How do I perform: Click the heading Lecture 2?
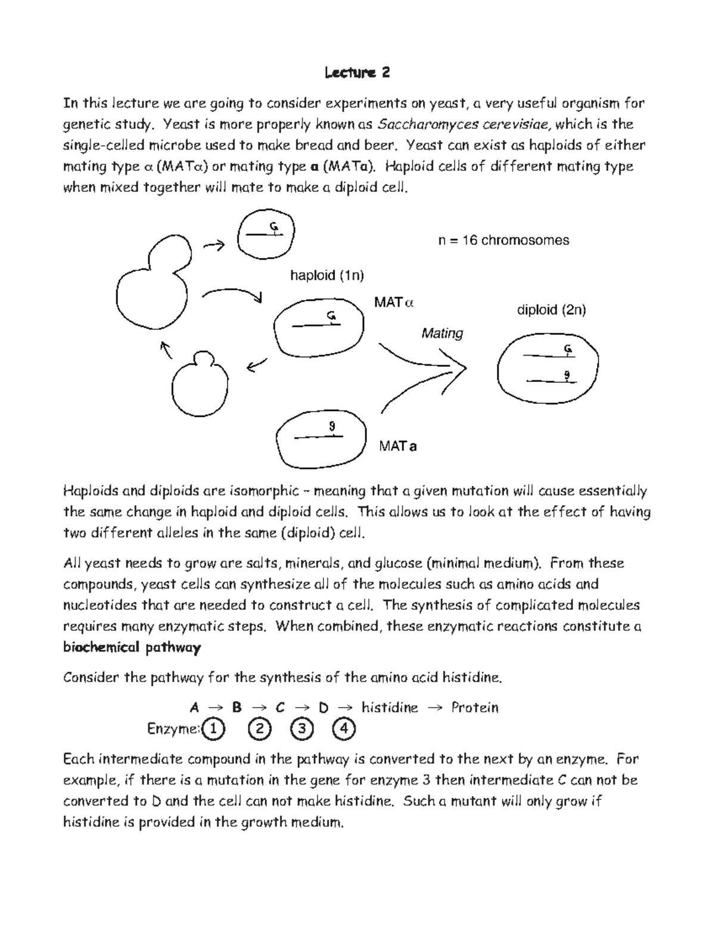[357, 73]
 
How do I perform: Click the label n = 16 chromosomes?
[503, 240]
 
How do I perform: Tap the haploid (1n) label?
[327, 275]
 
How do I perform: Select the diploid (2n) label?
[551, 310]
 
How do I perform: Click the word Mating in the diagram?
[442, 333]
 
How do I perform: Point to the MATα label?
[393, 303]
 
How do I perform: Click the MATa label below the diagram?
[397, 446]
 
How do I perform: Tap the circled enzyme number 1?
[214, 729]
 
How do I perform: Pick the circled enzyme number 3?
[302, 729]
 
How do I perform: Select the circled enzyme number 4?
[344, 729]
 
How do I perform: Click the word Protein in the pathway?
[474, 708]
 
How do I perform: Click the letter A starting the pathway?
[194, 708]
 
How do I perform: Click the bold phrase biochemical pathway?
[132, 647]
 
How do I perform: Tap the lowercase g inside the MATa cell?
[332, 426]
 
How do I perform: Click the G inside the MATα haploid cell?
[330, 316]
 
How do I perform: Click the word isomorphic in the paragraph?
[264, 491]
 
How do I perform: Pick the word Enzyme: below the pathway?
[172, 729]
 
